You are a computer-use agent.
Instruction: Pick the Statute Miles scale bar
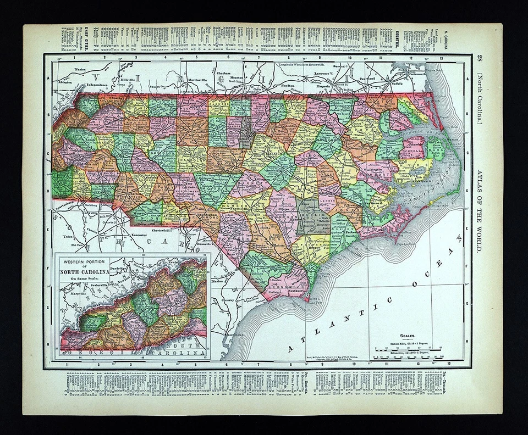[x=408, y=349]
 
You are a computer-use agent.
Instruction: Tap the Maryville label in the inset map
[x=79, y=294]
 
